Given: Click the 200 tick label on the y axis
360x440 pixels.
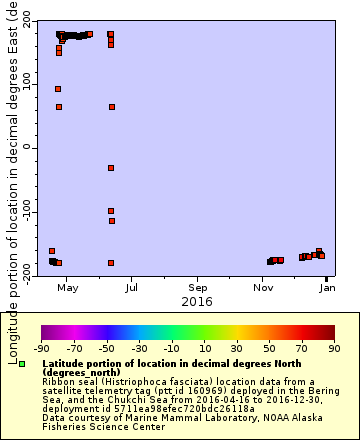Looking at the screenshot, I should [x=24, y=21].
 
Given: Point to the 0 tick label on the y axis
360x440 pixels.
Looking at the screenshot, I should [x=31, y=146].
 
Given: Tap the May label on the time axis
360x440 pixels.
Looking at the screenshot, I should [x=68, y=287].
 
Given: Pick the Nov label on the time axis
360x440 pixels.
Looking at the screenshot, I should [x=263, y=287].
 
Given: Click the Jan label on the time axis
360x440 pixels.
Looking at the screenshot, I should [x=327, y=287].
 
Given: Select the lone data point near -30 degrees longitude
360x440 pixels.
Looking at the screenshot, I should [x=111, y=167].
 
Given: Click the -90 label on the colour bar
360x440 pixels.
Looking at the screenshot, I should [x=41, y=348].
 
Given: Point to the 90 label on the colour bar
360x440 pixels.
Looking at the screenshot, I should [x=334, y=348].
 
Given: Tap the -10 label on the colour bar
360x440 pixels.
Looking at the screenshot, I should [x=172, y=348].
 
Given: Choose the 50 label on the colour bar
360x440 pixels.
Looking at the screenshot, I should [x=269, y=348].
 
